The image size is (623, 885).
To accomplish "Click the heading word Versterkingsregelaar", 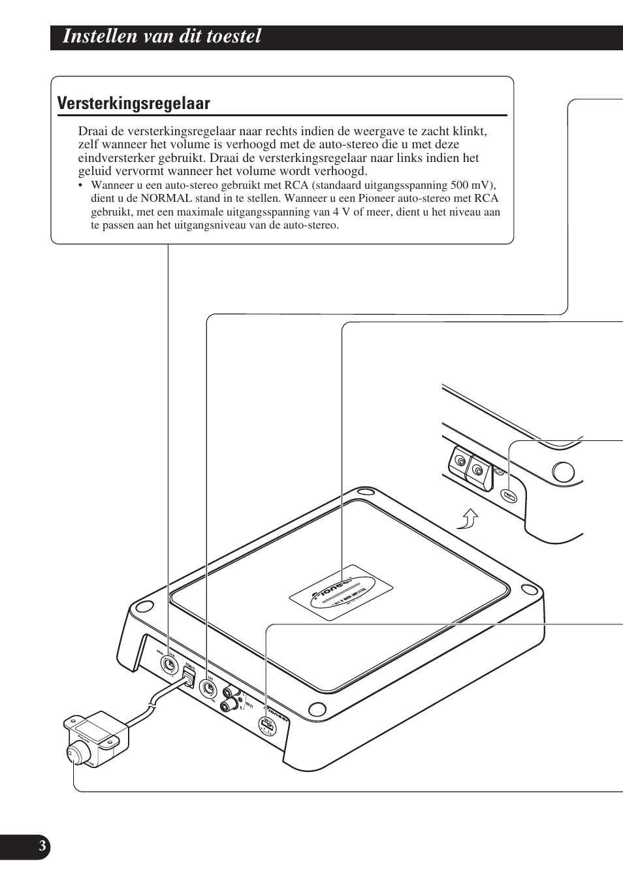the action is pyautogui.click(x=133, y=104).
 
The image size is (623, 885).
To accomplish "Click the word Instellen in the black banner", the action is pyautogui.click(x=96, y=37).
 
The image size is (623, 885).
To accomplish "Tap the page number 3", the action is pyautogui.click(x=42, y=846).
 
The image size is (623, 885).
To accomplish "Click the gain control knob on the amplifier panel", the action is pyautogui.click(x=169, y=665).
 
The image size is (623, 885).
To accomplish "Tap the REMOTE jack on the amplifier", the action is pyautogui.click(x=189, y=679).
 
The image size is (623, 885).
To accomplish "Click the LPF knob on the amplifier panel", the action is pyautogui.click(x=208, y=688).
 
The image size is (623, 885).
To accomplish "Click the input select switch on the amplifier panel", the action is pyautogui.click(x=266, y=724).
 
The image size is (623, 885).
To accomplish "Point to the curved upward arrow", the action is pyautogui.click(x=468, y=520).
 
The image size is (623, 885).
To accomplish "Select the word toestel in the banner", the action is pyautogui.click(x=231, y=37).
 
